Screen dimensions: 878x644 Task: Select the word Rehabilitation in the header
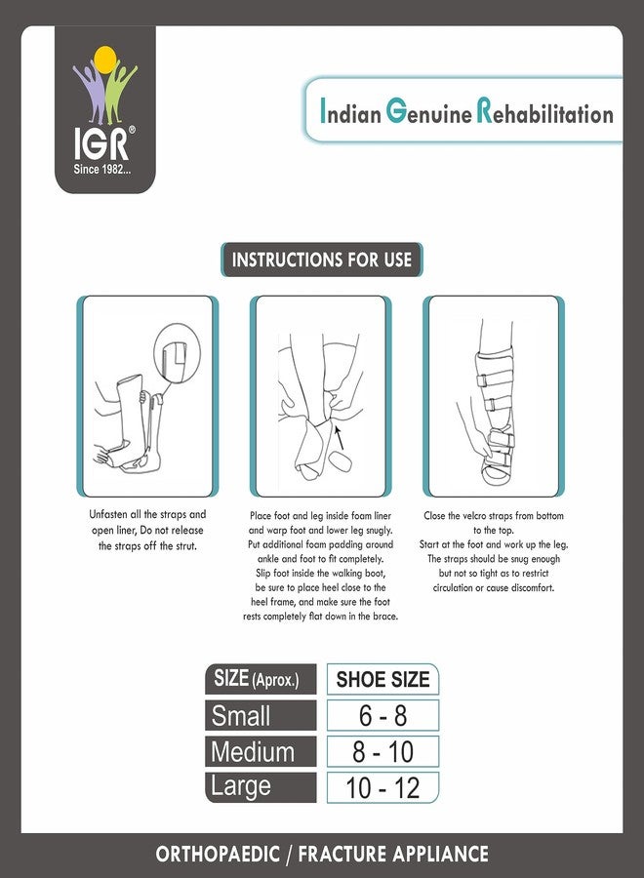click(544, 114)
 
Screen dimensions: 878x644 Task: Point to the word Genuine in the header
click(428, 113)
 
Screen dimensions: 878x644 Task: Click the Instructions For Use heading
click(321, 260)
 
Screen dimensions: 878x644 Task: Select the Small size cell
click(261, 716)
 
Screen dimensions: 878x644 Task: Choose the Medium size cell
click(261, 752)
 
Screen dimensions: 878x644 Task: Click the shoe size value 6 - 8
click(382, 716)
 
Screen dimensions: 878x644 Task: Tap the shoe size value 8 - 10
click(382, 752)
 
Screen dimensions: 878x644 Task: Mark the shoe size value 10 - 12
click(382, 787)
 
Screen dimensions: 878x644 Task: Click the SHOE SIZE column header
click(382, 680)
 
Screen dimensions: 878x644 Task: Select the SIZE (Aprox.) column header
click(261, 680)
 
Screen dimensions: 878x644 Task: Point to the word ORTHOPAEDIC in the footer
click(221, 855)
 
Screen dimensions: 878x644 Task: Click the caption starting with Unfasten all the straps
click(148, 530)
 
